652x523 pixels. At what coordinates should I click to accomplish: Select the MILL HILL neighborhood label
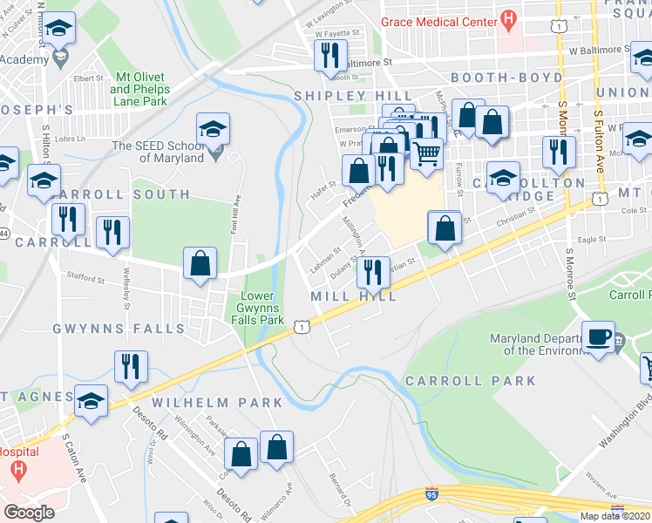(x=354, y=297)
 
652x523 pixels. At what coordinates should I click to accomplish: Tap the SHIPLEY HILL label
(x=353, y=95)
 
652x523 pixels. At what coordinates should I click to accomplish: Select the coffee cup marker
(x=598, y=336)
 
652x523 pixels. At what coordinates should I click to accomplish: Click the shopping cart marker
(x=426, y=153)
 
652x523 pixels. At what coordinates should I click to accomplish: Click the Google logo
(x=29, y=513)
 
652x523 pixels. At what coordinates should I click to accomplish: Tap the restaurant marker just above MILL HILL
(x=373, y=272)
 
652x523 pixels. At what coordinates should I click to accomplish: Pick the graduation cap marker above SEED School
(x=212, y=130)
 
